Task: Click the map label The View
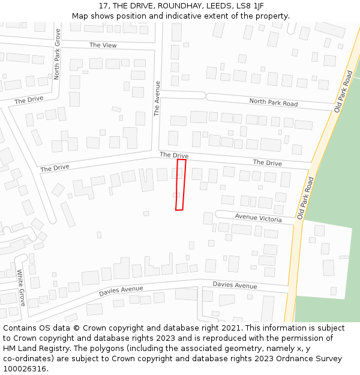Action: tap(103, 45)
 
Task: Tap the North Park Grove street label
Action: tap(57, 54)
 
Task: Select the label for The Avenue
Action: tap(157, 98)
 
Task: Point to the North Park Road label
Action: tap(273, 103)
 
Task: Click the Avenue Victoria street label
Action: tap(258, 218)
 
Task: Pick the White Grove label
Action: tap(20, 287)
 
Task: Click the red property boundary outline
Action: tap(180, 185)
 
